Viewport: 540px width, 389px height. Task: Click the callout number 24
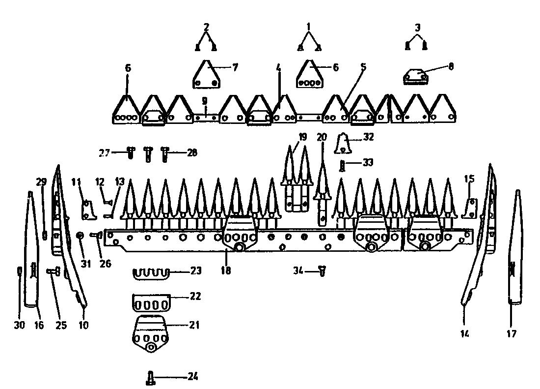tap(193, 376)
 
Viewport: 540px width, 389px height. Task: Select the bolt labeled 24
tap(151, 378)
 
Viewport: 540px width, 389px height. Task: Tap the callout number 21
tap(194, 325)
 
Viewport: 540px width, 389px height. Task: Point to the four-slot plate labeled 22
tap(151, 303)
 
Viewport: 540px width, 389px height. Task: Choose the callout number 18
tap(226, 270)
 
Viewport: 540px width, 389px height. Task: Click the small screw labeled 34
tap(323, 271)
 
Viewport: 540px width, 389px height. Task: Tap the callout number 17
tap(512, 333)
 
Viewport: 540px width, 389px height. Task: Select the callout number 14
tap(464, 333)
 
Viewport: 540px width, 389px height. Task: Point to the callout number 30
tap(19, 325)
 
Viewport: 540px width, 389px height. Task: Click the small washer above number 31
tap(80, 235)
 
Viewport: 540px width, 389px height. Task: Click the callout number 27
tap(105, 152)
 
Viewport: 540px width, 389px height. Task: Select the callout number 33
tap(368, 162)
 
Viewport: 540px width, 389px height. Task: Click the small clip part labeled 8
tap(416, 77)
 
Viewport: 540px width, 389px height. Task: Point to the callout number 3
tap(418, 27)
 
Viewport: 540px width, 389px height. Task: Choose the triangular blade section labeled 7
tap(206, 74)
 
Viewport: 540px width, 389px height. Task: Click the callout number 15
tap(469, 179)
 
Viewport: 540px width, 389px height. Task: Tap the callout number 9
tap(205, 101)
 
